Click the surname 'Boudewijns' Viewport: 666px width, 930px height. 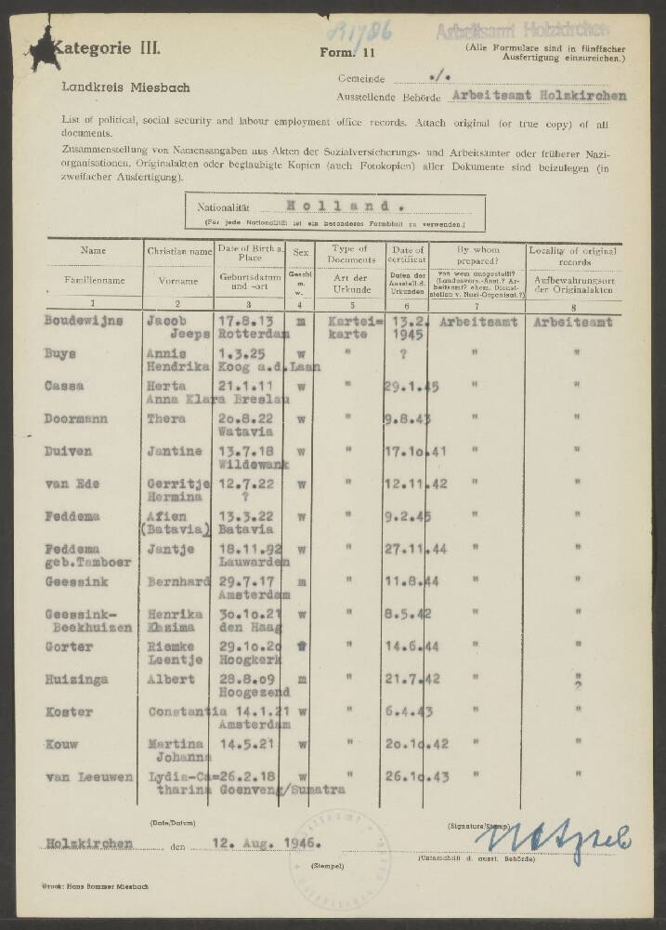point(84,321)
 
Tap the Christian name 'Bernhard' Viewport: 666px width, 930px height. point(178,581)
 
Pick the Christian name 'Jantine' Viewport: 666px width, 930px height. point(176,451)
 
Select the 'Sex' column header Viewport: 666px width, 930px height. point(299,251)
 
